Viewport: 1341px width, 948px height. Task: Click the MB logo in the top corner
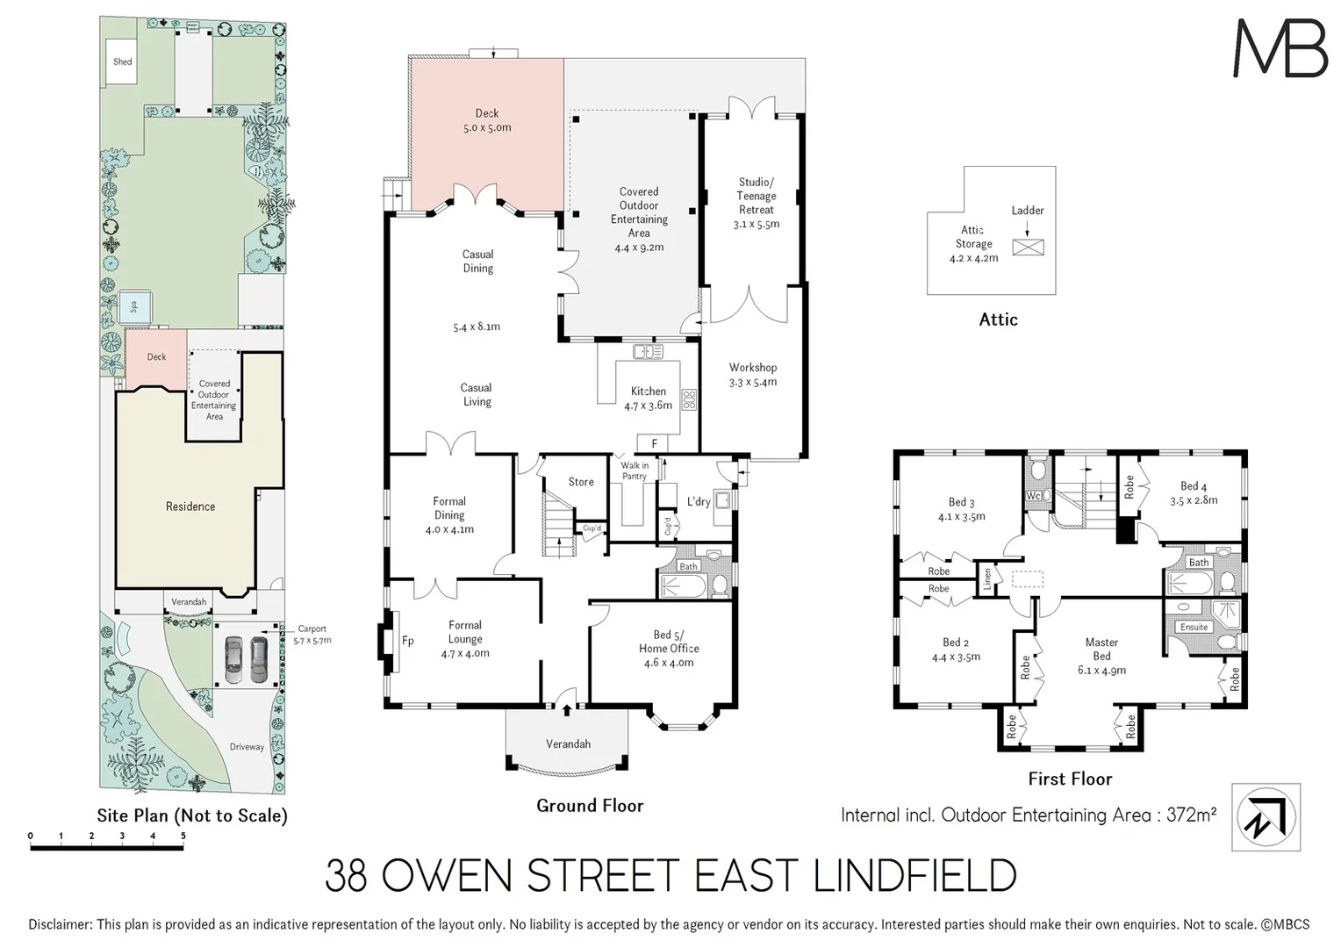coord(1280,48)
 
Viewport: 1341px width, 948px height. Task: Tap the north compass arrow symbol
coord(1266,817)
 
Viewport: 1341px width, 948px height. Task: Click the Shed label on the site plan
coord(123,61)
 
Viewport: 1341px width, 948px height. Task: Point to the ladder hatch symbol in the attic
coord(1028,247)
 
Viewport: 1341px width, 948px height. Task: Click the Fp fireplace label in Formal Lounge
coord(408,641)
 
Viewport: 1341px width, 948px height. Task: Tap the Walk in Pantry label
coord(635,471)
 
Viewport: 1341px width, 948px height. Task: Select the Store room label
coord(581,482)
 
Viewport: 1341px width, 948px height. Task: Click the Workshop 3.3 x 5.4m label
coord(753,375)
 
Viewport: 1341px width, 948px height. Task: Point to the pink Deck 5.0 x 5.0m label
coord(487,120)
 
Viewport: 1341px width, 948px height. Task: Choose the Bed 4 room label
coord(1194,492)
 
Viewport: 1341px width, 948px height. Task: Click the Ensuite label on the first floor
coord(1194,627)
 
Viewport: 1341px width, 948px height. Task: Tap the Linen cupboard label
coord(986,578)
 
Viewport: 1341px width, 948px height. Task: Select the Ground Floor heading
coord(590,806)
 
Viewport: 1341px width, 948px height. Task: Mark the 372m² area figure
coord(1191,815)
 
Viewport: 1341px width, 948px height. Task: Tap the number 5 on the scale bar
coord(183,837)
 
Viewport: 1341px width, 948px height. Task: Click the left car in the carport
coord(233,659)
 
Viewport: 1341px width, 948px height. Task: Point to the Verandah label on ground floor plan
coord(568,743)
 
